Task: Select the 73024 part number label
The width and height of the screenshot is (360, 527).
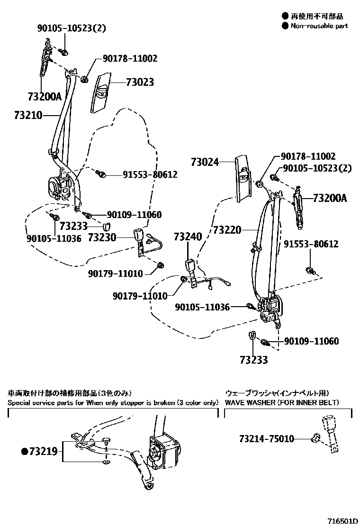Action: click(x=205, y=162)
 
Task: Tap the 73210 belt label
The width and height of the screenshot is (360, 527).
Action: click(x=28, y=115)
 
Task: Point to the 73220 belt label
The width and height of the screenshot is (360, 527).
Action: click(x=227, y=230)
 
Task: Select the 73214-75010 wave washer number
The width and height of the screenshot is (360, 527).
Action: click(x=260, y=439)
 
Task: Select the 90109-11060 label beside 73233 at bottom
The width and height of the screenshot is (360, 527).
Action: click(x=311, y=341)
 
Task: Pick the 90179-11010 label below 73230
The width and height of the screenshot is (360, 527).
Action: click(x=115, y=273)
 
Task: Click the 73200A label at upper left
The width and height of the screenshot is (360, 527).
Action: click(x=45, y=97)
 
